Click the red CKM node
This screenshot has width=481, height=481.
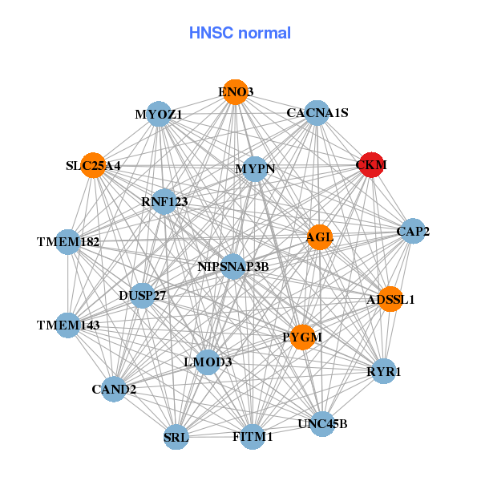tap(371, 164)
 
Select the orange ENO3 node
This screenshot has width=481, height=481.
tap(235, 92)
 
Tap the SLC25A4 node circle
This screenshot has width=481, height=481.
tap(93, 166)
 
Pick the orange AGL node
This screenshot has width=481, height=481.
tap(319, 236)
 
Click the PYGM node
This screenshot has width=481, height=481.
tap(301, 337)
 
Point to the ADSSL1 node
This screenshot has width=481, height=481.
tap(390, 299)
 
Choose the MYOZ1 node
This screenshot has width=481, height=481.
tap(159, 114)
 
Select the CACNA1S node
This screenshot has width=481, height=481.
tap(317, 113)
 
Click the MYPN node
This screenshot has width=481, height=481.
tap(255, 169)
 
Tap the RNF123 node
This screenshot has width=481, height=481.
tap(164, 202)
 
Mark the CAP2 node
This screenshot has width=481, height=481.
tap(413, 232)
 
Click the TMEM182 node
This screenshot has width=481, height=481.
tap(68, 241)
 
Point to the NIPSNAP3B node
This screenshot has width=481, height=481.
tap(232, 266)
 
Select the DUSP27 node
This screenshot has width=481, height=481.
tap(143, 296)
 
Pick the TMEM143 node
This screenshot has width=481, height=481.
tap(68, 325)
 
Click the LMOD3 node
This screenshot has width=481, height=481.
tap(208, 362)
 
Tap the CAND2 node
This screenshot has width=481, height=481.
tap(114, 390)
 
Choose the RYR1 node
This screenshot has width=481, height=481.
tap(384, 371)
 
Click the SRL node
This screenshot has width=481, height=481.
tap(176, 438)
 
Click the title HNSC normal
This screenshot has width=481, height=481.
tap(240, 33)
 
